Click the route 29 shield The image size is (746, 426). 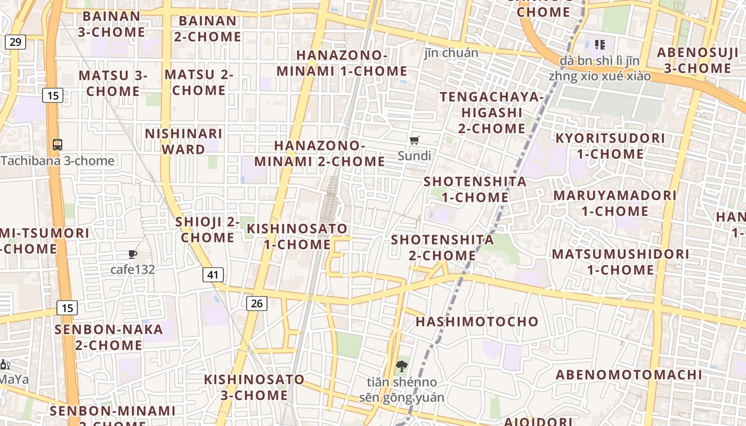click(x=15, y=42)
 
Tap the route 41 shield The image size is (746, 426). click(x=213, y=275)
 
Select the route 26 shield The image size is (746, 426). click(x=256, y=304)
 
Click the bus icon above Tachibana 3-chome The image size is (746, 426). click(x=58, y=144)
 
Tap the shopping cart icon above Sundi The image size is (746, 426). click(x=415, y=140)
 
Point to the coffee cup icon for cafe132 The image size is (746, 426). click(x=133, y=255)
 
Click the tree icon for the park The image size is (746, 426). click(x=401, y=366)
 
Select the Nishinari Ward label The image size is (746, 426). click(x=183, y=141)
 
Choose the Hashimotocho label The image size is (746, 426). click(x=477, y=322)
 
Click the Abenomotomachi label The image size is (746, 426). click(x=629, y=374)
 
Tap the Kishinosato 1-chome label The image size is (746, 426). click(x=297, y=236)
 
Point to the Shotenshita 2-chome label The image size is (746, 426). click(x=442, y=248)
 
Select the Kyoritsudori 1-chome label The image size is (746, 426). click(x=610, y=146)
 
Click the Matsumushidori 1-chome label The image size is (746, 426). click(x=620, y=261)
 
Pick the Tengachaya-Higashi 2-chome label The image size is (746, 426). click(x=492, y=112)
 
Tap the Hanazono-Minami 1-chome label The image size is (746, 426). click(x=342, y=63)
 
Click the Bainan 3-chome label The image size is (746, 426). click(x=111, y=24)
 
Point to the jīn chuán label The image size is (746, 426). click(x=451, y=53)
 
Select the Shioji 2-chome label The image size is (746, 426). click(x=207, y=230)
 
